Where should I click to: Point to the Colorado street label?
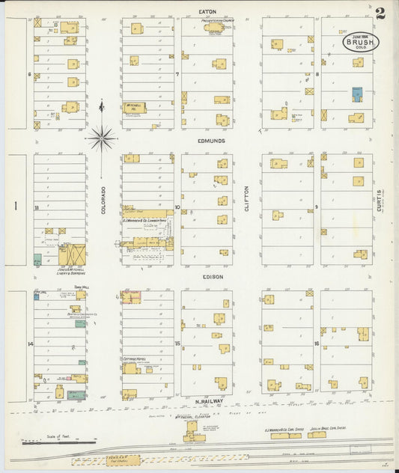tap(104, 200)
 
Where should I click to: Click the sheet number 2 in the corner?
tap(380, 13)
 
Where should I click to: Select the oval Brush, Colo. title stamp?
tap(361, 43)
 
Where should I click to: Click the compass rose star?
tap(101, 138)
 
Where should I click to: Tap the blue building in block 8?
tap(358, 94)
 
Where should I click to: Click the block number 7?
tap(177, 75)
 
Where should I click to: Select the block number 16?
tap(317, 344)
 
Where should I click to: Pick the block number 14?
tap(31, 344)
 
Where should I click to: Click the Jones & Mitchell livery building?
tap(73, 255)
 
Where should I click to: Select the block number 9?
tap(317, 207)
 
